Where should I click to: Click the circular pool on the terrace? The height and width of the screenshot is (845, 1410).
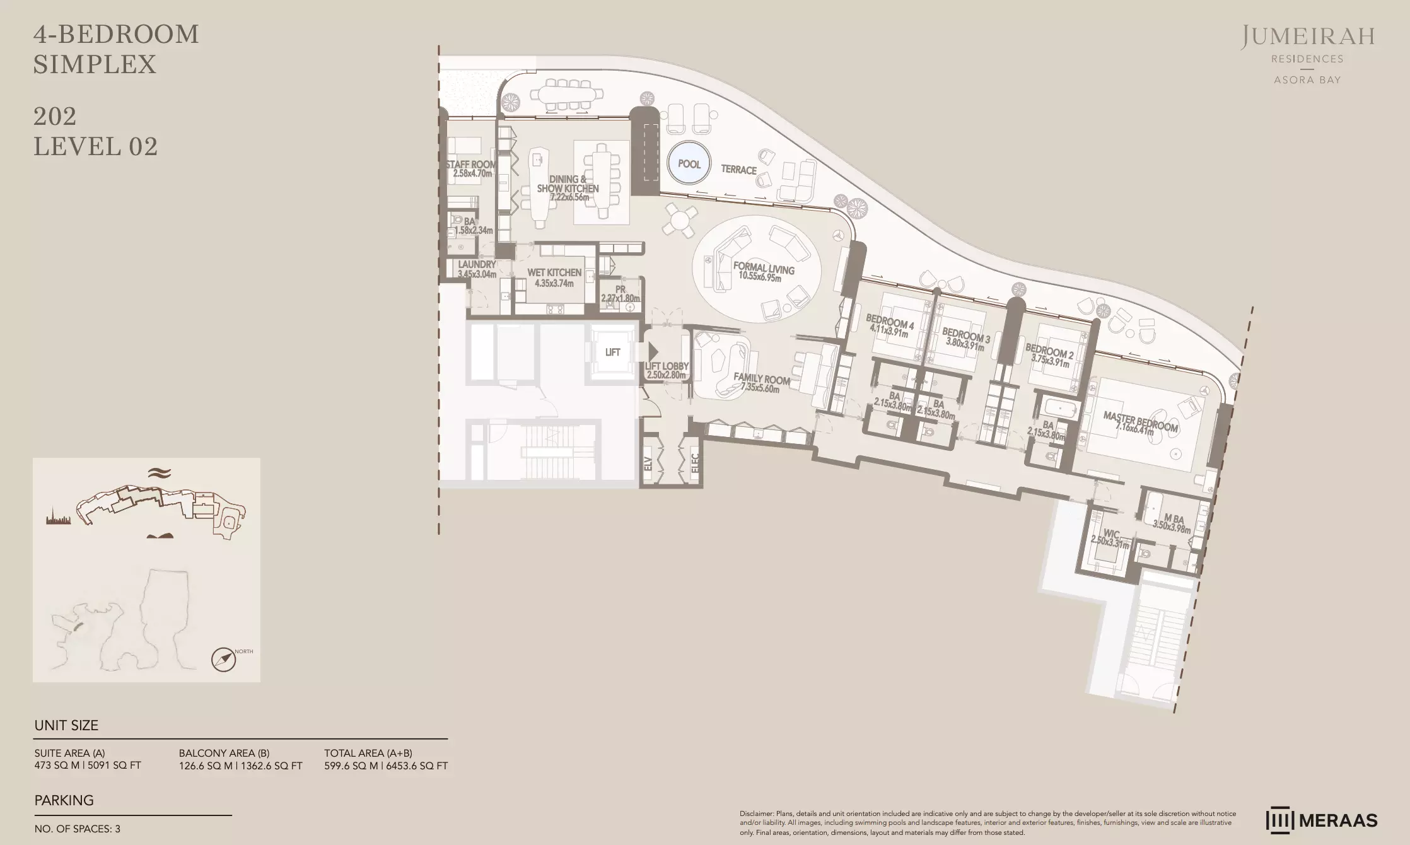click(689, 164)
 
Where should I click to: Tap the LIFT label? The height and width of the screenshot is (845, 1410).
click(612, 353)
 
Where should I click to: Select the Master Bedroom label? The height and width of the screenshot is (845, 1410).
click(1140, 422)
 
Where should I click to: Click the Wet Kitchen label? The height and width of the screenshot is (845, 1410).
click(554, 272)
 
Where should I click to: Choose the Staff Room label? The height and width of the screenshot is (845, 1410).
click(471, 165)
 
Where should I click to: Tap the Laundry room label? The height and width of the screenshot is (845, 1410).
click(477, 265)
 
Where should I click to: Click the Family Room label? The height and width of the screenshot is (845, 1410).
click(762, 378)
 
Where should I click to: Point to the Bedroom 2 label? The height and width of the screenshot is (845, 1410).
click(1049, 350)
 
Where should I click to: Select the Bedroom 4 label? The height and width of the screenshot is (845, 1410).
click(890, 321)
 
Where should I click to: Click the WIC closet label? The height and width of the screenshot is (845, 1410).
click(1111, 534)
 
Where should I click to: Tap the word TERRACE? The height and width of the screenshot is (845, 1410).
click(738, 170)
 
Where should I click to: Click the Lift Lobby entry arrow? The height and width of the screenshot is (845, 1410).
click(653, 352)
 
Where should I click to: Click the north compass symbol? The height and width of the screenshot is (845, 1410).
click(223, 660)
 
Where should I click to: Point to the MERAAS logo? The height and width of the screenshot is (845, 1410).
click(1321, 820)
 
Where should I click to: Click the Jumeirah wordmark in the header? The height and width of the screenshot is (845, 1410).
click(1308, 37)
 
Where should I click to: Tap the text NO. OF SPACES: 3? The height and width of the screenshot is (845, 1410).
click(78, 829)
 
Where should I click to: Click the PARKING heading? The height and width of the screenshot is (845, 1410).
click(64, 800)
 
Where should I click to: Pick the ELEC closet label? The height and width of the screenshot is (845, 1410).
click(694, 463)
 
